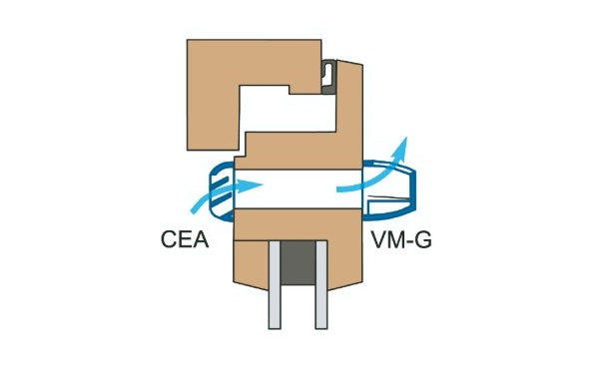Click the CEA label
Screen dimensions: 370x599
[183, 240]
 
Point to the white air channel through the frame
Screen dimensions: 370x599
[296, 185]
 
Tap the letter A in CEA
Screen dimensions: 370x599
[200, 240]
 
